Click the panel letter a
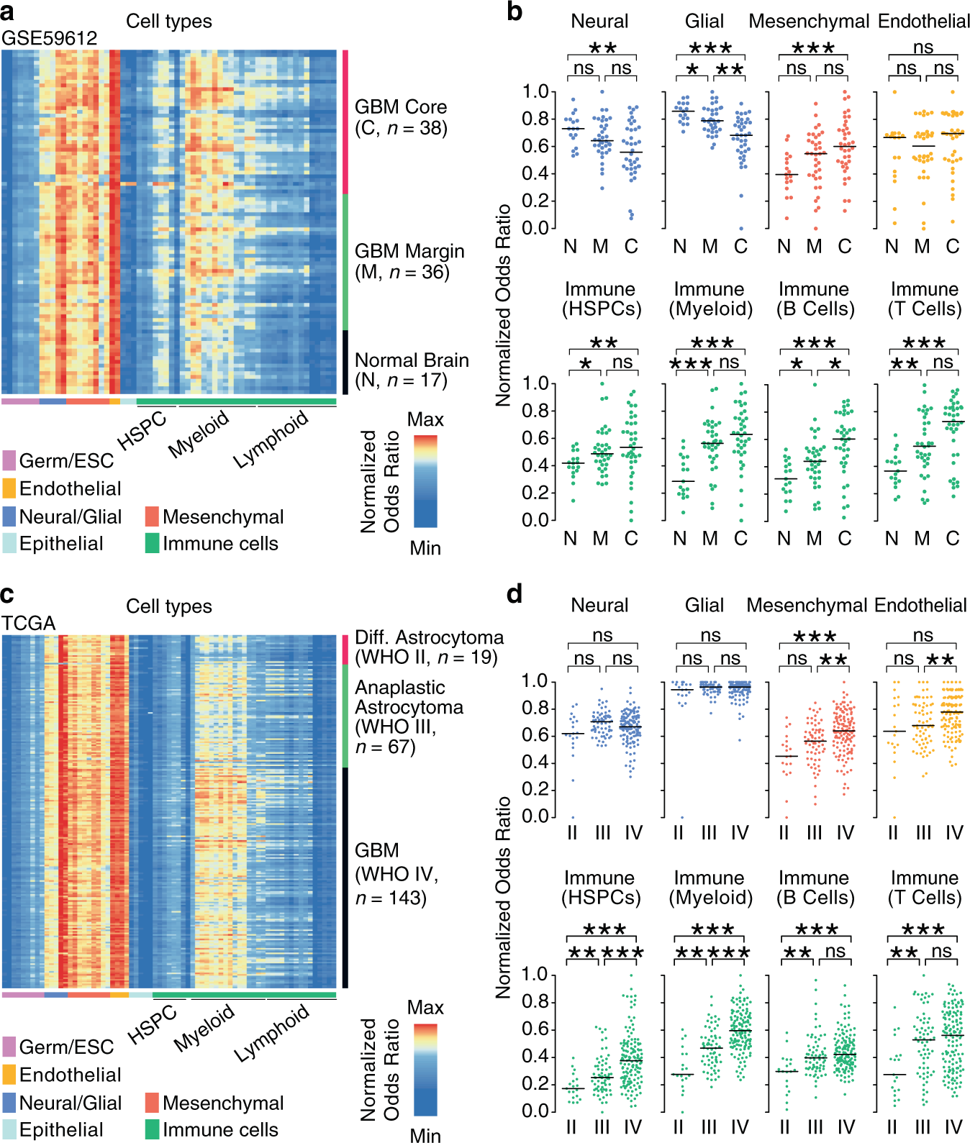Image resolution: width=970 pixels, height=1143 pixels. (x=8, y=12)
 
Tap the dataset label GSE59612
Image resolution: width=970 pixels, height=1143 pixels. (x=49, y=38)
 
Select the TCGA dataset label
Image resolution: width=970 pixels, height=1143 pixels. (x=28, y=623)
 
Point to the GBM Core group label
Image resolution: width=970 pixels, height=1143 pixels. (x=400, y=117)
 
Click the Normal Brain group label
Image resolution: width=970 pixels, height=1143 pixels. (x=412, y=370)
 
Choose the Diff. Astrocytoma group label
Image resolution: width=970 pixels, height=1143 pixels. (x=429, y=647)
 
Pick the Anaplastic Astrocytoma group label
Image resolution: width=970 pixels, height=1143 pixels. (x=409, y=716)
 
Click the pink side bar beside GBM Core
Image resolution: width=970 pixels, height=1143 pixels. (x=345, y=122)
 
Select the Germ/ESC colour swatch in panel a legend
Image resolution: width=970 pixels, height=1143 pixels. (x=9, y=460)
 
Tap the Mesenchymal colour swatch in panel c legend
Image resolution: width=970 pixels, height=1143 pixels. (x=152, y=1103)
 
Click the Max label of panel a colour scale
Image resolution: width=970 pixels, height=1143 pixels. (x=425, y=419)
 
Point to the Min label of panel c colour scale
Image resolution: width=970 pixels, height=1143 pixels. (x=425, y=1135)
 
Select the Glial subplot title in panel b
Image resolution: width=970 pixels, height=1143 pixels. (x=704, y=22)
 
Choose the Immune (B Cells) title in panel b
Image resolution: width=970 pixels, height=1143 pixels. (x=814, y=299)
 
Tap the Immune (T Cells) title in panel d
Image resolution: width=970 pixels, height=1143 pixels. (x=925, y=888)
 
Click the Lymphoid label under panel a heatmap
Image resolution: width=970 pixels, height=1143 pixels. (x=271, y=439)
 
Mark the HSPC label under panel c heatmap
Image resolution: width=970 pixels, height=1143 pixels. (x=152, y=1024)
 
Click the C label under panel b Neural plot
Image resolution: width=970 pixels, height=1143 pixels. (x=631, y=247)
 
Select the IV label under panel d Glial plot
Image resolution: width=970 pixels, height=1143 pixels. (x=740, y=833)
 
